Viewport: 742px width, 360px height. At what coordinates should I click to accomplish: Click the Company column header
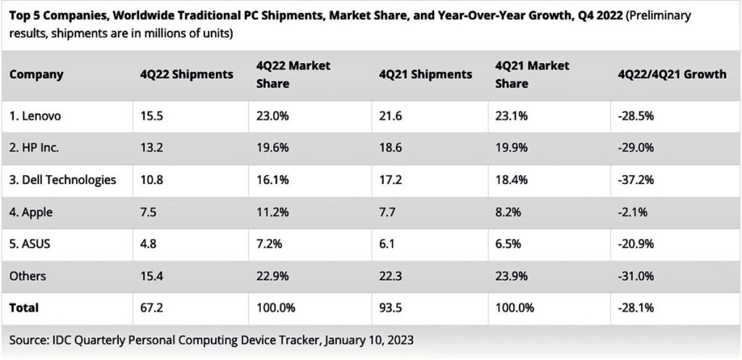coord(36,75)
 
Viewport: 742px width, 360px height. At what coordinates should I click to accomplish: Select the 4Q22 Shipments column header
coord(187,75)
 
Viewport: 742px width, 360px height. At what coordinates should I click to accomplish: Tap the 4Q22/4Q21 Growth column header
coord(672,75)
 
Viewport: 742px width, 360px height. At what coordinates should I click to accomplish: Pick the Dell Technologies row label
coord(62,180)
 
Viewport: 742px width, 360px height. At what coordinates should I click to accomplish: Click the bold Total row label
coord(24,308)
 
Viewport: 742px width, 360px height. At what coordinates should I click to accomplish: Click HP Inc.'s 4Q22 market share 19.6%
coord(273,148)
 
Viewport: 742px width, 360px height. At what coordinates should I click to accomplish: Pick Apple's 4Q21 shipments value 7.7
coord(388,212)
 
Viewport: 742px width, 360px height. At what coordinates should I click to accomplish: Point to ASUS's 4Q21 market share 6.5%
coord(509,244)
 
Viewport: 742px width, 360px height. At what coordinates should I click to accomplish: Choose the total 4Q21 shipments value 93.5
coord(391,308)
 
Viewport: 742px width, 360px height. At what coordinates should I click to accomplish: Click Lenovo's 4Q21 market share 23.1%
coord(512,115)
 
